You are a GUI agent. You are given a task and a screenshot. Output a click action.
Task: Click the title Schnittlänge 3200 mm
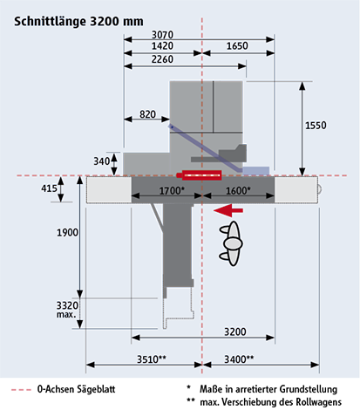point(78,22)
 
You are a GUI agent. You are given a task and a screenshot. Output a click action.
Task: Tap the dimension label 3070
point(162,35)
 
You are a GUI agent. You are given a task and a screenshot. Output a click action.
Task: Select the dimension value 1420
point(162,46)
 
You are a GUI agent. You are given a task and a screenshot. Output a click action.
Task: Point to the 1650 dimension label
point(237,46)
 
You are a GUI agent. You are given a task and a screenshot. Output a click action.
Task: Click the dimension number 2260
point(162,59)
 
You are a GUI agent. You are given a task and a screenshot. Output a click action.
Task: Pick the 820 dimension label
point(147,114)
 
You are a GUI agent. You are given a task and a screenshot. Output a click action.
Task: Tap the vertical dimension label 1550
point(316,126)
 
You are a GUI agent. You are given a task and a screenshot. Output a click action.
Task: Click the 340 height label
point(101,161)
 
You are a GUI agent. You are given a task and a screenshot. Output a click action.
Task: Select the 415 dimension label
point(49,188)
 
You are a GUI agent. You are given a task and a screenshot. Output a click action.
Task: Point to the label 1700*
point(172,191)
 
